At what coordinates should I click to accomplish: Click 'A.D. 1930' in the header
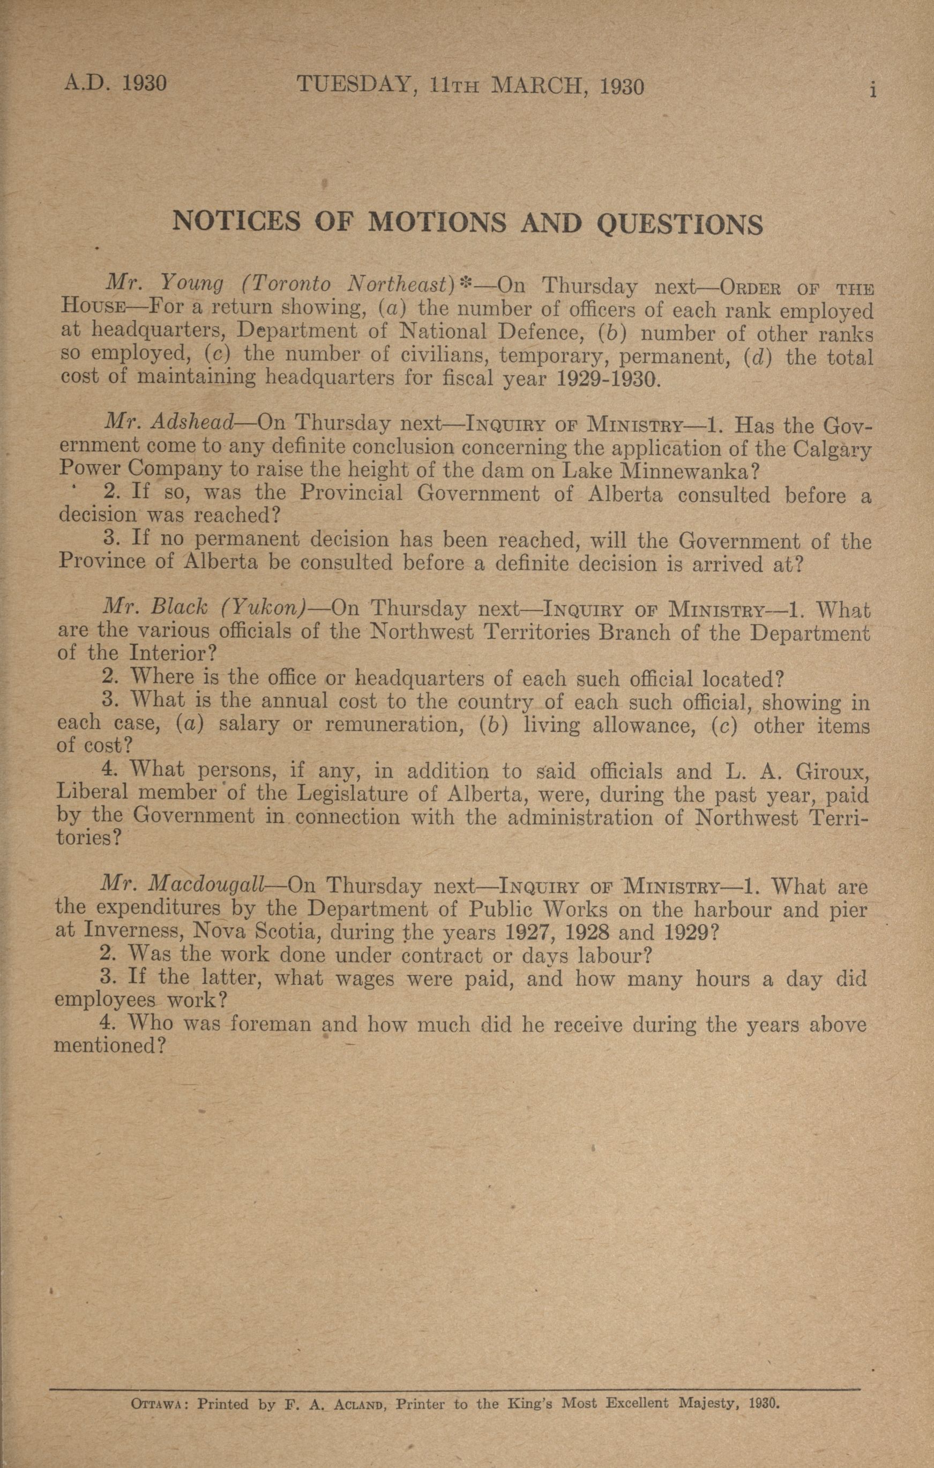pyautogui.click(x=116, y=84)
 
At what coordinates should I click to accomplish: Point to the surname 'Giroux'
pyautogui.click(x=832, y=772)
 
